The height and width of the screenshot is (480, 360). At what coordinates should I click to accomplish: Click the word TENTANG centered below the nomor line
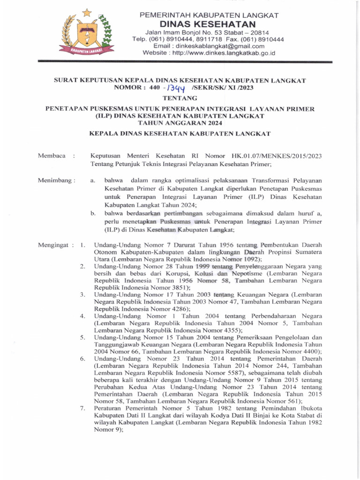(180, 98)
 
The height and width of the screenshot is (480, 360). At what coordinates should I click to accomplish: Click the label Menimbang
(55, 180)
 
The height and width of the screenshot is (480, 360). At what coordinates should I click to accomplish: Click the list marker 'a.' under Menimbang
(93, 180)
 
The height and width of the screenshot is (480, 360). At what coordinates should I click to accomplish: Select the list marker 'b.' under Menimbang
(93, 214)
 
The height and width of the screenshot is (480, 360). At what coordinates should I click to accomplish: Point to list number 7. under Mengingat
(82, 408)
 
